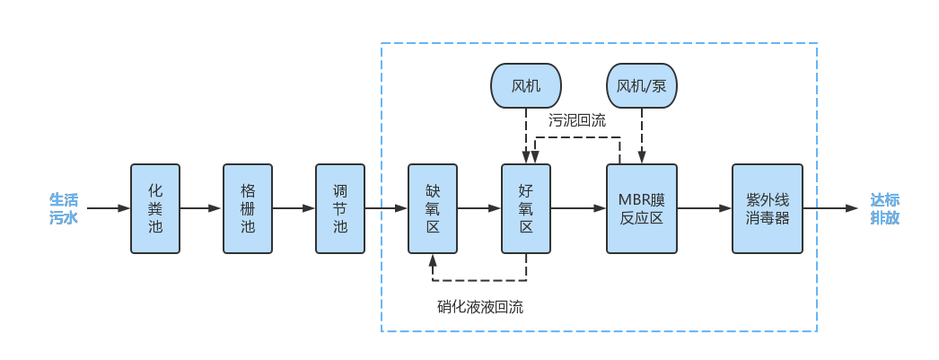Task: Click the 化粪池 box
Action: point(155,208)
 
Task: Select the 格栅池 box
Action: point(248,208)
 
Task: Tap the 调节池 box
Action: point(340,208)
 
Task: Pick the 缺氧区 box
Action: point(433,208)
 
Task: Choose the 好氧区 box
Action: point(526,208)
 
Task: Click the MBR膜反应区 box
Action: point(642,208)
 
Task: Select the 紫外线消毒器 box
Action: point(768,208)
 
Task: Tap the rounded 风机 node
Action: point(526,86)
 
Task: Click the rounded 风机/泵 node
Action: point(642,86)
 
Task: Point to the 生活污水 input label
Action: point(64,208)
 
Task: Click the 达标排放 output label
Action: point(885,208)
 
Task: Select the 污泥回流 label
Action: point(577,119)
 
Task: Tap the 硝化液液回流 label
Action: point(480,307)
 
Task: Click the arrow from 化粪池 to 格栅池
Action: point(201,208)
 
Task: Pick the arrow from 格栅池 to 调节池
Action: point(294,208)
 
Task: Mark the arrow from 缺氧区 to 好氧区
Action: point(479,208)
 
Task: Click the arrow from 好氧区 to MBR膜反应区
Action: point(578,208)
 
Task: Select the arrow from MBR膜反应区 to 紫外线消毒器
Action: point(705,208)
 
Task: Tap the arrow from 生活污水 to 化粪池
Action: point(110,208)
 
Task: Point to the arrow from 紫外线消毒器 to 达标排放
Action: point(830,208)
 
